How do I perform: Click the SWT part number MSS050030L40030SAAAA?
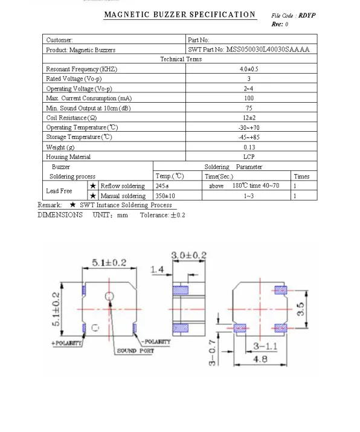pos(268,50)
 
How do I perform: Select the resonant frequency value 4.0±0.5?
pos(249,69)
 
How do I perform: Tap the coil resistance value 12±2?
pos(249,118)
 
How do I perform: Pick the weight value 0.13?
pos(249,147)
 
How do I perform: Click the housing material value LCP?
pos(249,156)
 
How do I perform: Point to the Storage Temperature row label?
pos(79,137)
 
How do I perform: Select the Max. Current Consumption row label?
pos(89,98)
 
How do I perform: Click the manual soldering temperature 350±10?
pos(165,196)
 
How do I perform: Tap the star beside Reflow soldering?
pos(93,185)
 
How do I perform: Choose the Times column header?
pos(301,176)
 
